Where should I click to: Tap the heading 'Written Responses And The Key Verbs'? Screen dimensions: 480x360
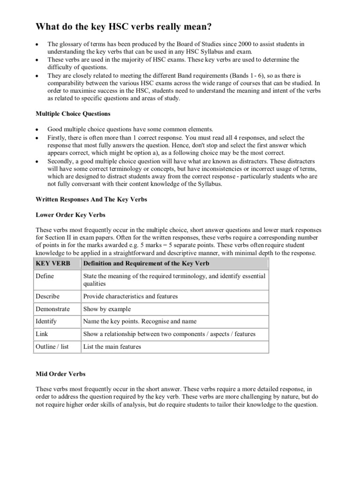[91, 199]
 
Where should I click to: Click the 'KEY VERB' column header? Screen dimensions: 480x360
[52, 263]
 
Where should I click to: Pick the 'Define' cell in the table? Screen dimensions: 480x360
[45, 276]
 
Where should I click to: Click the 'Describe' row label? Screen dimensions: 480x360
[47, 297]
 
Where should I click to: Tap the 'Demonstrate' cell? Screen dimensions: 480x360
[52, 309]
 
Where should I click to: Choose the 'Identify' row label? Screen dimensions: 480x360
[46, 322]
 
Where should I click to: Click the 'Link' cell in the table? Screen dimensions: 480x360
[41, 334]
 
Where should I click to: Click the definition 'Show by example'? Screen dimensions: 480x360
[107, 309]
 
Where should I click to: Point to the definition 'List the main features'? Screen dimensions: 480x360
[112, 347]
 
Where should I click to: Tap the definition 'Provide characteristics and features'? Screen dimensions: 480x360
[130, 297]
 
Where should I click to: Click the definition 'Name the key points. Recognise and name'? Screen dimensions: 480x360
[140, 322]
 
